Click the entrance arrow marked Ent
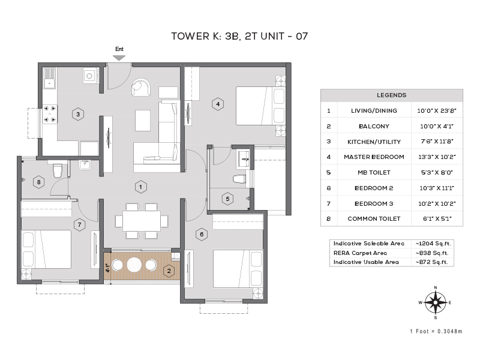(119, 57)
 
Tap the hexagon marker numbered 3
(77, 113)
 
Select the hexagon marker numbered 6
(202, 234)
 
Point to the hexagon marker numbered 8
(39, 182)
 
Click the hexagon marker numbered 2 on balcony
(169, 271)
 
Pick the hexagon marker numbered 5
(227, 199)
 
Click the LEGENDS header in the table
(391, 95)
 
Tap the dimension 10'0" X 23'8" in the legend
(437, 110)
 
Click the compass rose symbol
(435, 303)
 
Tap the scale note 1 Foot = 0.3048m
(436, 331)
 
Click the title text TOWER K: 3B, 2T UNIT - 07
(240, 36)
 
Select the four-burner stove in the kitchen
(49, 115)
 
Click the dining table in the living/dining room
(142, 220)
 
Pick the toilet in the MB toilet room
(241, 179)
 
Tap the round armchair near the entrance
(142, 88)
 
